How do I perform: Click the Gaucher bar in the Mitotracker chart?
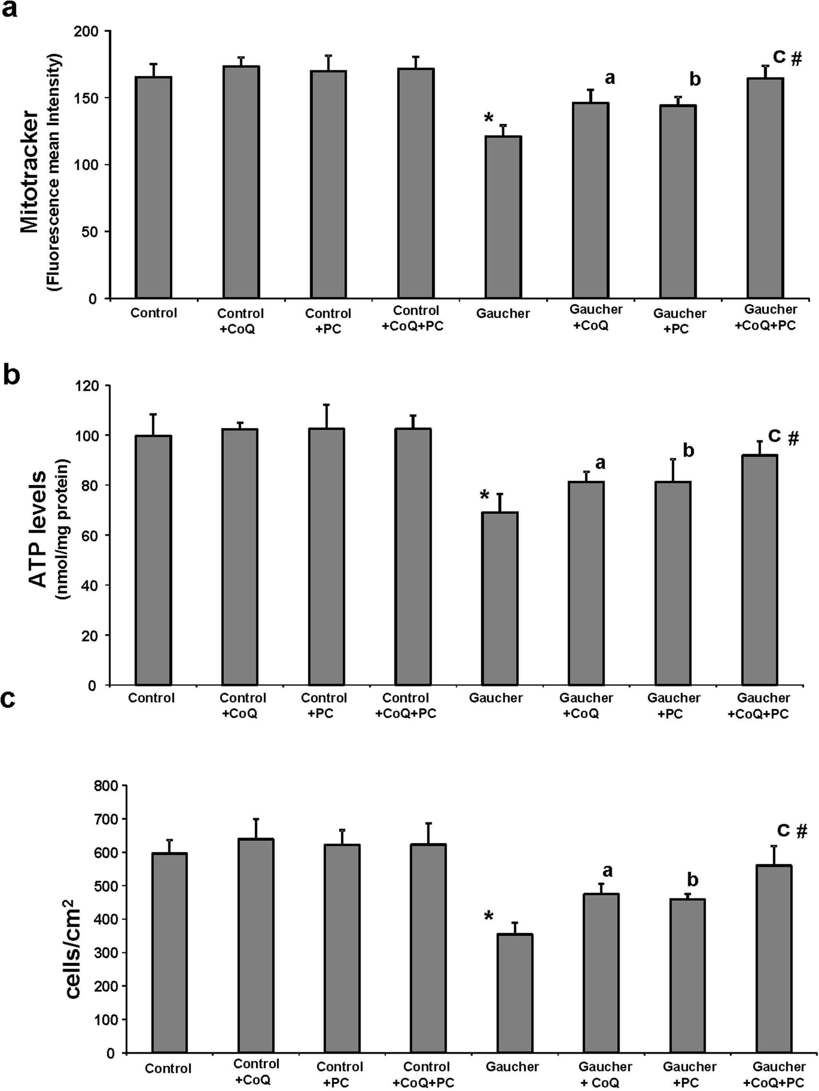[503, 217]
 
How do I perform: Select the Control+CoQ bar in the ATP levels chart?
[240, 557]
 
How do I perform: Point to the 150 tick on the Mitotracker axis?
[88, 98]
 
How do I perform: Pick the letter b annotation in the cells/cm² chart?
[692, 879]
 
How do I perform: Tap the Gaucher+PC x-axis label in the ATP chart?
[673, 706]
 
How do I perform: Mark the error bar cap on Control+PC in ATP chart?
[326, 405]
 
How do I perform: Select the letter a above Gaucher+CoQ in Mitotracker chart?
[610, 78]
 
